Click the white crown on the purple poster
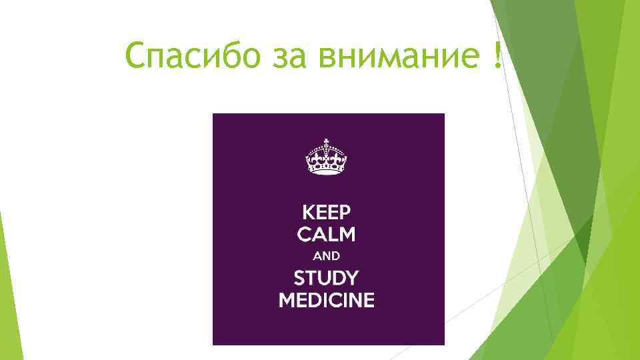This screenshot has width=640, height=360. [x=327, y=158]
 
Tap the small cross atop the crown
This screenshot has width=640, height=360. [x=327, y=142]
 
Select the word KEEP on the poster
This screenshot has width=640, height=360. [x=327, y=213]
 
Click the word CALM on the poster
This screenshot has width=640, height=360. [x=327, y=235]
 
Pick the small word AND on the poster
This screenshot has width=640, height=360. [x=327, y=255]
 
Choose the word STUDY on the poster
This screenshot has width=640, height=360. [x=327, y=277]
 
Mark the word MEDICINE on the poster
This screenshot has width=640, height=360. [x=327, y=299]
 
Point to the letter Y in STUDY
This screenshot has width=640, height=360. [x=351, y=277]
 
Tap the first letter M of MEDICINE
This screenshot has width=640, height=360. [x=287, y=299]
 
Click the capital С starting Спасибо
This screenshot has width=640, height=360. [x=136, y=57]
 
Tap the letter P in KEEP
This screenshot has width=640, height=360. [x=344, y=213]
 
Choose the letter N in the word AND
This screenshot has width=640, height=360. [x=327, y=255]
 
